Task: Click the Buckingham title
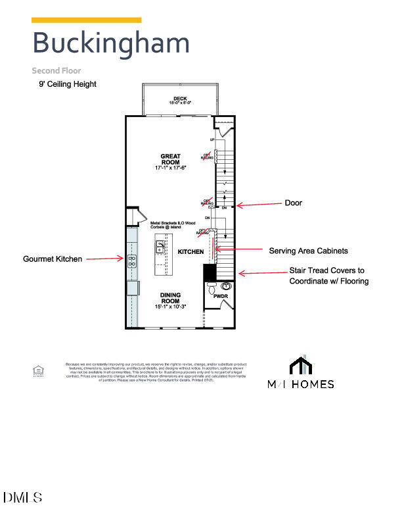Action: coord(111,43)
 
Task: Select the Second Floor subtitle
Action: coord(56,70)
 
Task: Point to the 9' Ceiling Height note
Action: coord(68,84)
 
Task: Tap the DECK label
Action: coord(171,100)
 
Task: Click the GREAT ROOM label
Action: coord(171,162)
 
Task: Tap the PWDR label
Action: coord(221,297)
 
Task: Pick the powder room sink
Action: coord(227,285)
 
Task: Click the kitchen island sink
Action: coord(160,247)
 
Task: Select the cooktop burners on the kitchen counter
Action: coord(132,259)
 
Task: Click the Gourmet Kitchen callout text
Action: coord(53,259)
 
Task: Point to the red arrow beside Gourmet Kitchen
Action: coord(104,259)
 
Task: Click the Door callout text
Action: coord(293,203)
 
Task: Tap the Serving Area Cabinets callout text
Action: coord(308,251)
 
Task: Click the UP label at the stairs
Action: coord(212,140)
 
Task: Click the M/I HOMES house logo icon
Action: coord(300,366)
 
